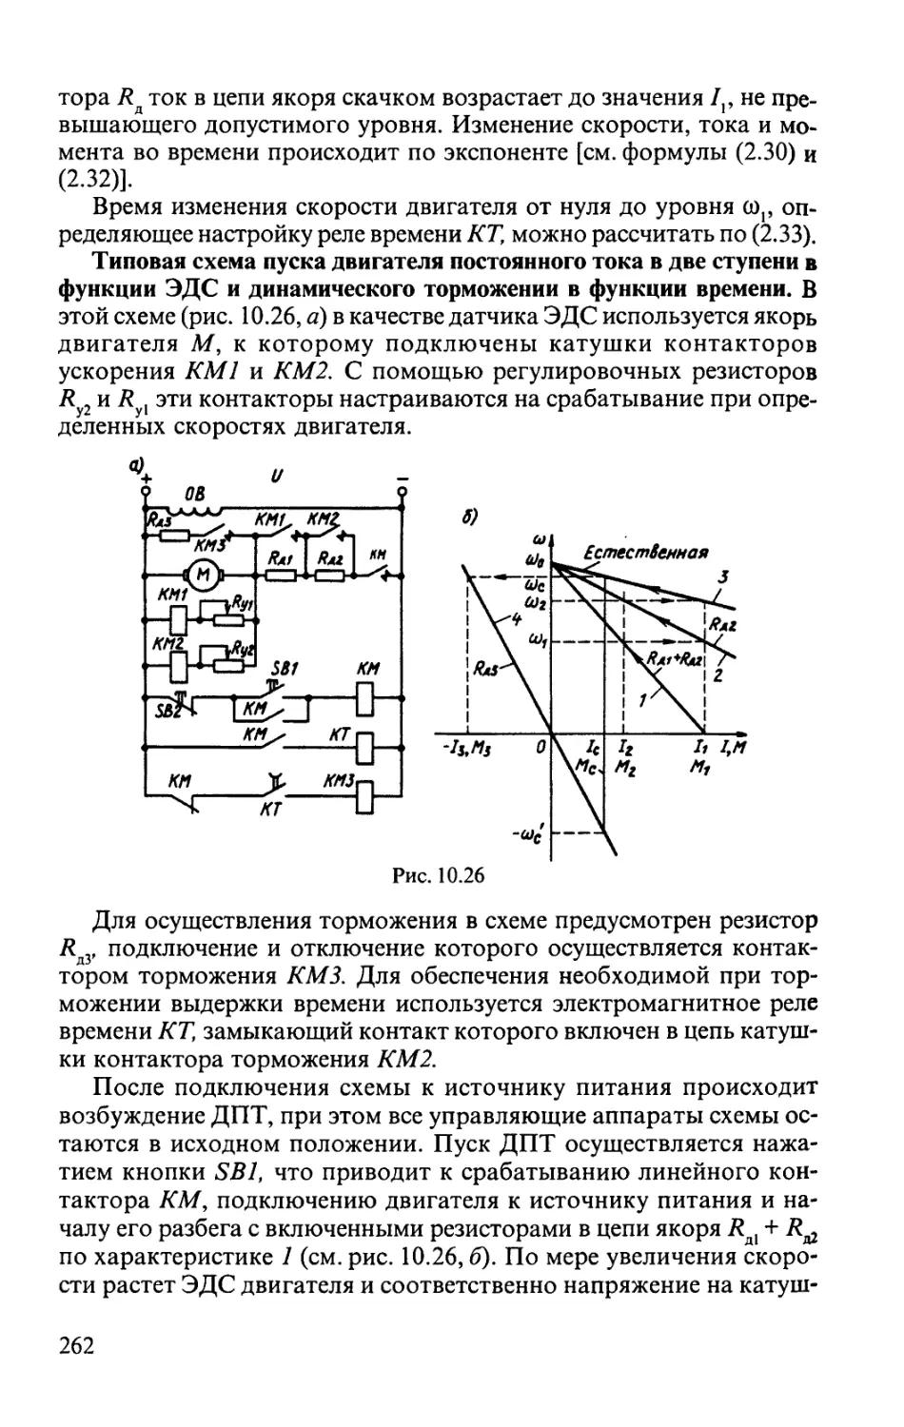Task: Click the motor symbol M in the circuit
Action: click(x=201, y=574)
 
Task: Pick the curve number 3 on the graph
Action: click(x=723, y=576)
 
